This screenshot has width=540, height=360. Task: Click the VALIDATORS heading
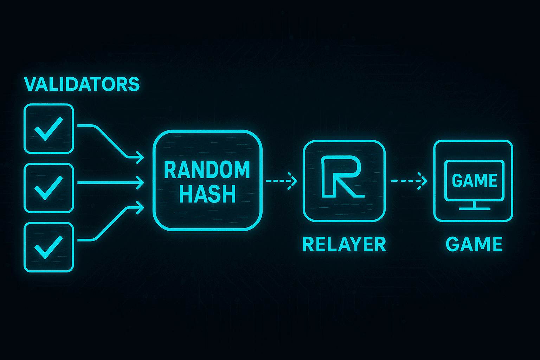(x=82, y=84)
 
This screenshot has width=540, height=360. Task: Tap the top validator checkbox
(x=49, y=129)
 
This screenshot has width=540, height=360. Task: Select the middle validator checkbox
(x=49, y=188)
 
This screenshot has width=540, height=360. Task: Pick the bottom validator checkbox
(x=49, y=247)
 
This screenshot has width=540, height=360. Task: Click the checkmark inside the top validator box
(x=49, y=129)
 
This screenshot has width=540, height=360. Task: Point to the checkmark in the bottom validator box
(x=49, y=247)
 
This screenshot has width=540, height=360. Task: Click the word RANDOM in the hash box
(x=207, y=170)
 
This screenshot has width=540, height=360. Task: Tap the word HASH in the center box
(x=207, y=194)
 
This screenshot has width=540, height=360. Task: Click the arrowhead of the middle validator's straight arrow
(x=141, y=183)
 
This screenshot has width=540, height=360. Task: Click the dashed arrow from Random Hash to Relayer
(x=281, y=181)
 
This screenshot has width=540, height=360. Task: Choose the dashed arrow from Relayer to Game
(x=409, y=181)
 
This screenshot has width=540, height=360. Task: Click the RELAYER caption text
(x=344, y=244)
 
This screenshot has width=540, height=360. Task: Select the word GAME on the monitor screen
(x=474, y=181)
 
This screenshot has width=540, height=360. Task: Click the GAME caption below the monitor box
(x=474, y=244)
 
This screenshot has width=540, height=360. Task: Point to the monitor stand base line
(x=475, y=208)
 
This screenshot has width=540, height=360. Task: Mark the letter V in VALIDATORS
(x=31, y=84)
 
